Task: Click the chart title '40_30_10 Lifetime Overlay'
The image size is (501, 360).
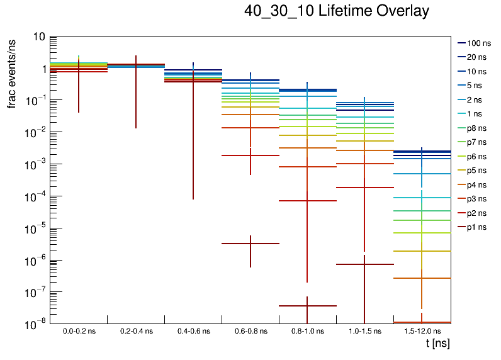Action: pyautogui.click(x=337, y=11)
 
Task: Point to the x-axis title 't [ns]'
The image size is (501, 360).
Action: pyautogui.click(x=437, y=343)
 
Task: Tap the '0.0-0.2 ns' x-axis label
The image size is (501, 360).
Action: pyautogui.click(x=79, y=330)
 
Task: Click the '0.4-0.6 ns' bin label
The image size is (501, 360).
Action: pyautogui.click(x=193, y=330)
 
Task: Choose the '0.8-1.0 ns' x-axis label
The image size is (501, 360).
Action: pyautogui.click(x=308, y=330)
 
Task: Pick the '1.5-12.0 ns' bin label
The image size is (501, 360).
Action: pyautogui.click(x=422, y=330)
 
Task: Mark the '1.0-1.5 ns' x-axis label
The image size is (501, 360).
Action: pyautogui.click(x=365, y=330)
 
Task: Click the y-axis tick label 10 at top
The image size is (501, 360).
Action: pyautogui.click(x=38, y=37)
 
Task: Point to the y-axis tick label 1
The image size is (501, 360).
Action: pyautogui.click(x=41, y=69)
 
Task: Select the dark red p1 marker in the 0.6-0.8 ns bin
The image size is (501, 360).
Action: pyautogui.click(x=250, y=244)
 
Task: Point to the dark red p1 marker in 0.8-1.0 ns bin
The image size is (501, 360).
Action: pyautogui.click(x=308, y=306)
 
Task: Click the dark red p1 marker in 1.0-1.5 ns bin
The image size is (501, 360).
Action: pyautogui.click(x=365, y=264)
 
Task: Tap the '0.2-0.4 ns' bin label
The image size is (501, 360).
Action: pyautogui.click(x=136, y=330)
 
